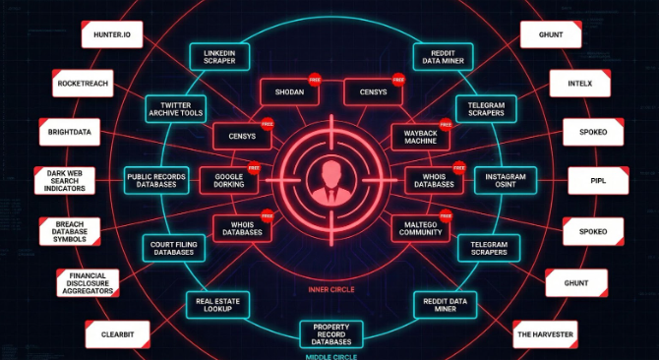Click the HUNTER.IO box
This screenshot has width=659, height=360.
(x=113, y=34)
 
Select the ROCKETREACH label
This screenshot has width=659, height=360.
(x=83, y=84)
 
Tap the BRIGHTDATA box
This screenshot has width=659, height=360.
(x=68, y=132)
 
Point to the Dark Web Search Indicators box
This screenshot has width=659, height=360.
(x=65, y=180)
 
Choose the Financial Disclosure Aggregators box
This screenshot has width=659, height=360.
(x=88, y=283)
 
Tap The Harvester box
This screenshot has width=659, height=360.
(x=544, y=334)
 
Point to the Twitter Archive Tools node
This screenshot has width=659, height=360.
(x=174, y=107)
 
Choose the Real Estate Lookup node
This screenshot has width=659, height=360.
(x=218, y=304)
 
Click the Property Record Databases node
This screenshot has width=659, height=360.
(x=330, y=333)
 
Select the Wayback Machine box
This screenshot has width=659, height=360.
(x=420, y=136)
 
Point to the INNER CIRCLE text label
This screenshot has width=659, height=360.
(x=329, y=289)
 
